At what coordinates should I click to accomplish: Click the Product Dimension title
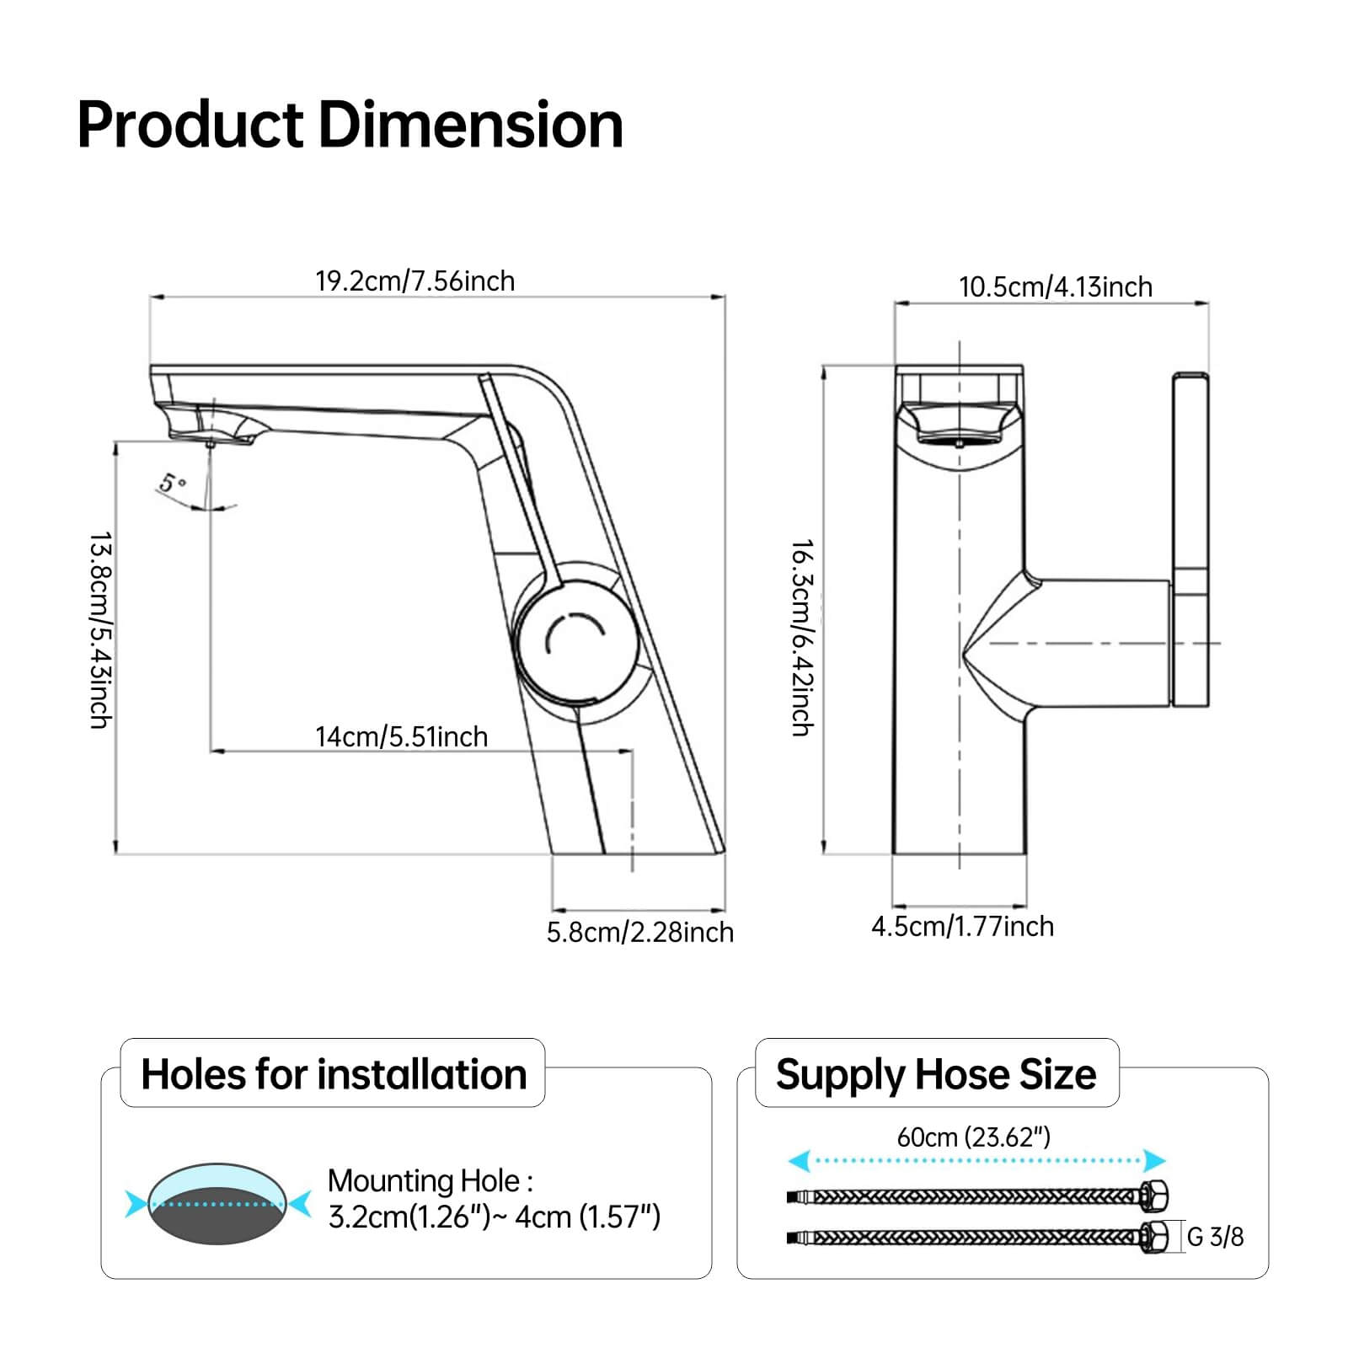[x=350, y=125]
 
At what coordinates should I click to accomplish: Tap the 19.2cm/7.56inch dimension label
[x=415, y=281]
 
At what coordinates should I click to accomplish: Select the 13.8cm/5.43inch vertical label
[x=101, y=630]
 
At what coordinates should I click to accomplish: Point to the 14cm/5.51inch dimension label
[x=402, y=736]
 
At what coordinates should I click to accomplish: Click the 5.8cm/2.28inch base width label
[x=640, y=932]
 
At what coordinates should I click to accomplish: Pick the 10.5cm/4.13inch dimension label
[x=1056, y=286]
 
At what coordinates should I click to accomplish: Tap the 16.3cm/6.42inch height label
[x=802, y=638]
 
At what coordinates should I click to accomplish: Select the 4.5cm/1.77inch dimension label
[x=962, y=926]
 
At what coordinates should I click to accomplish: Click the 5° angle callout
[x=173, y=484]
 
